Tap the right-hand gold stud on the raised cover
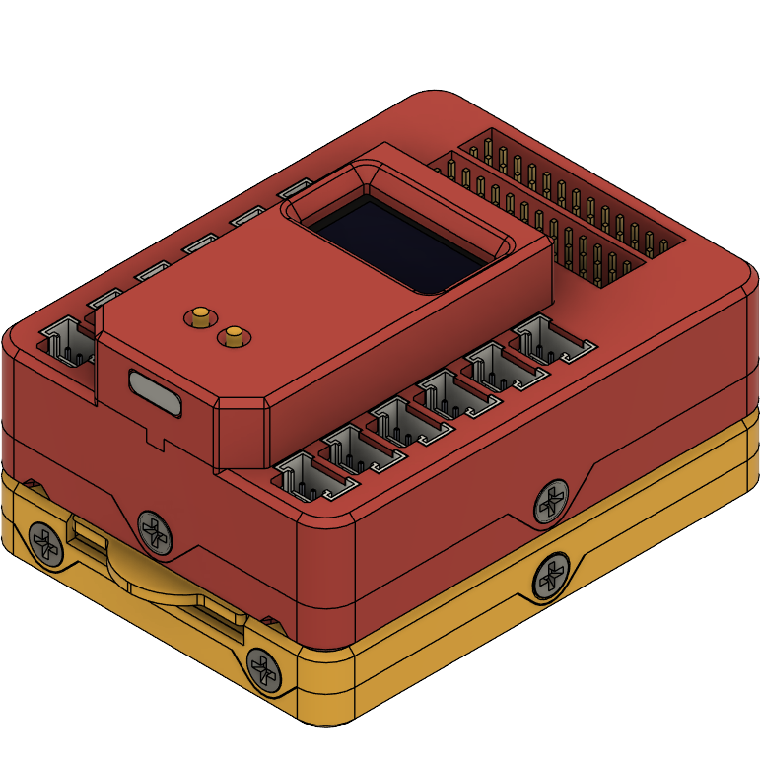[235, 337]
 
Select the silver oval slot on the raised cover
[156, 391]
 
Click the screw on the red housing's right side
[551, 502]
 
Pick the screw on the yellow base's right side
[548, 577]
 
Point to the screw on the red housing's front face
[154, 530]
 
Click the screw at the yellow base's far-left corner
[44, 541]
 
